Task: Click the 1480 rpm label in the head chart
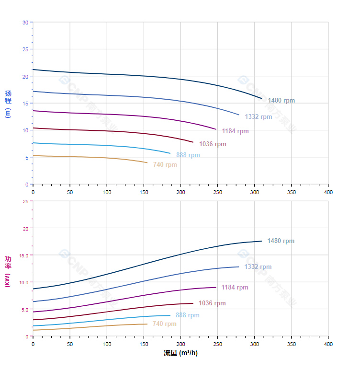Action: tap(281, 101)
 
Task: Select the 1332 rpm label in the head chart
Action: tap(258, 116)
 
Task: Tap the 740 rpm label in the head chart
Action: tap(165, 165)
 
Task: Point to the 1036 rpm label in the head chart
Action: tap(213, 144)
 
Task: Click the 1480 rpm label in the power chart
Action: tap(281, 241)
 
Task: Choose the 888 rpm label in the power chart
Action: tap(187, 315)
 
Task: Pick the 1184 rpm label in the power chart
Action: tap(235, 288)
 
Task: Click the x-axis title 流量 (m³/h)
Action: tap(180, 353)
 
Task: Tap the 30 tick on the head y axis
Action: tap(25, 23)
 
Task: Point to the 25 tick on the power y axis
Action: tap(25, 201)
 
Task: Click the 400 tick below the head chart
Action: tap(328, 192)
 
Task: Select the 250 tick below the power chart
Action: tap(217, 344)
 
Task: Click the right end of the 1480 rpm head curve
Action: tap(262, 98)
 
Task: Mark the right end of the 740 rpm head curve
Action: tap(147, 162)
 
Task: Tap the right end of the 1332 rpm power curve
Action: tap(238, 267)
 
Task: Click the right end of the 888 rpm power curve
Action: tap(170, 315)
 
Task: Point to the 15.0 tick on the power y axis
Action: tap(24, 255)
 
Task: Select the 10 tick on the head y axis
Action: tap(25, 130)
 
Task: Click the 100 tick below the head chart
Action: tap(107, 192)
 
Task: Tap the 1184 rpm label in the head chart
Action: tap(235, 131)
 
